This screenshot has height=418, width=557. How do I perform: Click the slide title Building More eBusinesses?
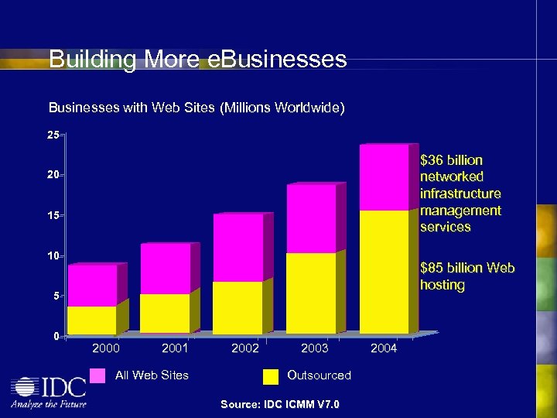coord(197,60)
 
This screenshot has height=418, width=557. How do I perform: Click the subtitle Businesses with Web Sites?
coord(196,108)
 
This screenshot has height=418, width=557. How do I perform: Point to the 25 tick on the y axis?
coord(53,135)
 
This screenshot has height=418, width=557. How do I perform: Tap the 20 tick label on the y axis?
coord(53,176)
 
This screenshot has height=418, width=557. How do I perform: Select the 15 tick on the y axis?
coord(53,215)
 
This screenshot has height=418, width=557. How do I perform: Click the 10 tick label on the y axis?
coord(53,255)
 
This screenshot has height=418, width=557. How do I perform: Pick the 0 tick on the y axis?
coord(56,336)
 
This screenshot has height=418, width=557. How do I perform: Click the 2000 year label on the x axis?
coord(106,348)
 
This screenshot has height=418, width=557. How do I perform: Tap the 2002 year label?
coord(245,348)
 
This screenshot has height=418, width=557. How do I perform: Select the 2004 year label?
coord(384,348)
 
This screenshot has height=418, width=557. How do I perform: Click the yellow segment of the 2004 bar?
coord(384,271)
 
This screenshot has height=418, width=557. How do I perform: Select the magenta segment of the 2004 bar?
coord(384,177)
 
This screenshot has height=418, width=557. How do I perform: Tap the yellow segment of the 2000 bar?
coord(92,320)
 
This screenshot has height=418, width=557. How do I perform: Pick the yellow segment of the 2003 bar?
coord(311,293)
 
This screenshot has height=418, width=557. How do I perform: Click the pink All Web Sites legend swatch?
coord(97,375)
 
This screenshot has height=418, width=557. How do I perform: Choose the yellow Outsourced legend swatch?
coord(271,376)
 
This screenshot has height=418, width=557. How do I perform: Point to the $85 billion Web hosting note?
coord(466,276)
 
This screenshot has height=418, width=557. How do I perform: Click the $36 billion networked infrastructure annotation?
coord(460,194)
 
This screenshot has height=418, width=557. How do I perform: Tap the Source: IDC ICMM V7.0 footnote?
coord(279,404)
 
